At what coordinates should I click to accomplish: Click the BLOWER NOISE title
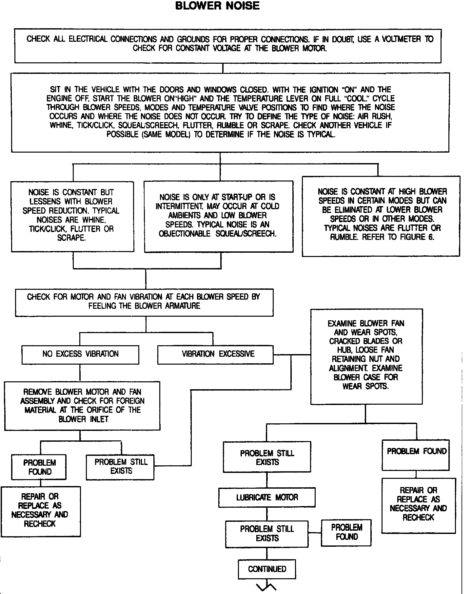[x=217, y=6]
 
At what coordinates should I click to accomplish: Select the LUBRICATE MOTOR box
[x=267, y=498]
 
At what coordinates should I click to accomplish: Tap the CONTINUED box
[x=267, y=569]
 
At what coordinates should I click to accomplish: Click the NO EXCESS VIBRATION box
[x=80, y=354]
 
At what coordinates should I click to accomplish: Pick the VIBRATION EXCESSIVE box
[x=215, y=354]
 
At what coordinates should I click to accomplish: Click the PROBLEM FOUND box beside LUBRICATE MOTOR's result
[x=346, y=532]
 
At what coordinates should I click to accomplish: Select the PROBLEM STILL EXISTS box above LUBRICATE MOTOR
[x=267, y=457]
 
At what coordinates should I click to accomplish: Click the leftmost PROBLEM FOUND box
[x=39, y=467]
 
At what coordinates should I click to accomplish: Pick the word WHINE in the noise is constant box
[x=93, y=220]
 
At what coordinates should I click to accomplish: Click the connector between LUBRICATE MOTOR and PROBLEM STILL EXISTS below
[x=267, y=514]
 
